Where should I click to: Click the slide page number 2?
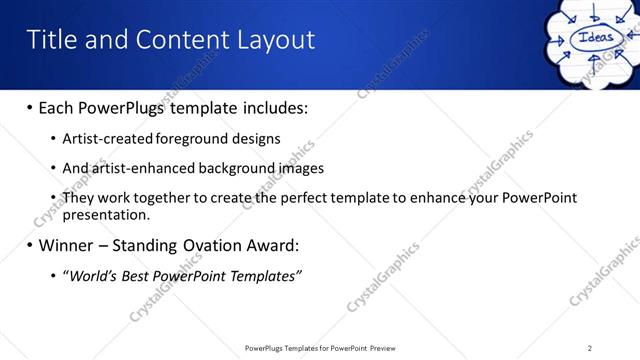(x=590, y=348)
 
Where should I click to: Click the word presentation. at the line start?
(x=105, y=214)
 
